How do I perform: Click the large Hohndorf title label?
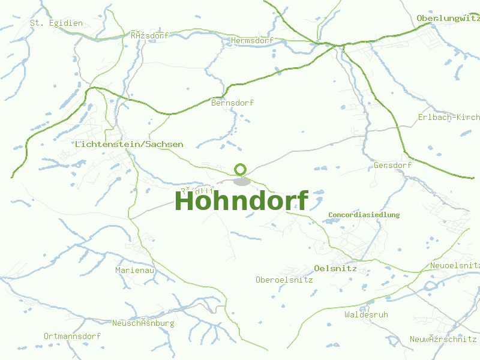pos(241,201)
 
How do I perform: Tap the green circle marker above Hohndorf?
pos(241,169)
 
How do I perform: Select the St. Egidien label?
pos(56,23)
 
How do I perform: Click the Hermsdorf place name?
pos(252,40)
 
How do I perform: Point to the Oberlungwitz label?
pos(448,18)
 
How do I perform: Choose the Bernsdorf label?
pos(233,103)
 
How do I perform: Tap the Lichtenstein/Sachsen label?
pos(130,145)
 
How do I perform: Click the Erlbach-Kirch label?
pos(448,117)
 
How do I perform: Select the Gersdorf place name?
pos(392,165)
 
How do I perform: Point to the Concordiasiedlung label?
pos(364,215)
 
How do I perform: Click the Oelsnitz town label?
pos(335,268)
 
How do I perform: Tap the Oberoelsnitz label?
pos(284,280)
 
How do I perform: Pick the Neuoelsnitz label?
pos(454,265)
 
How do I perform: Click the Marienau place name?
pos(135,271)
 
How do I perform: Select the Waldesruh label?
pos(366,314)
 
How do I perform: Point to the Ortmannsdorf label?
pos(72,336)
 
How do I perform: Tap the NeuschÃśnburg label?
pos(143,323)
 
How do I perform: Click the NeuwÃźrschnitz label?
pos(443,339)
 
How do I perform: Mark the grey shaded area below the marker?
pos(241,181)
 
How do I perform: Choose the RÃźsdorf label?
pos(149,35)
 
